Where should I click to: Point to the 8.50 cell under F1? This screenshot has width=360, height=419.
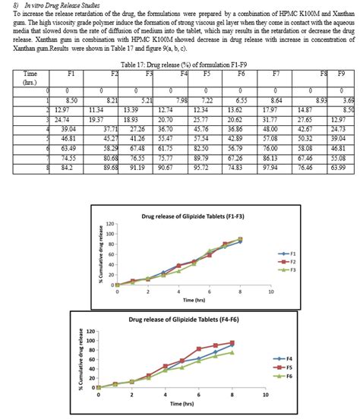[x=71, y=99]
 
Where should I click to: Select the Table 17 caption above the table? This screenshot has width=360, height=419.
[x=179, y=65]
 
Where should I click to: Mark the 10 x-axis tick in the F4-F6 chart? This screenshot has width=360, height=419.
[x=265, y=395]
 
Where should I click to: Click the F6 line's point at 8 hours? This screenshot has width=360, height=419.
[x=232, y=352]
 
